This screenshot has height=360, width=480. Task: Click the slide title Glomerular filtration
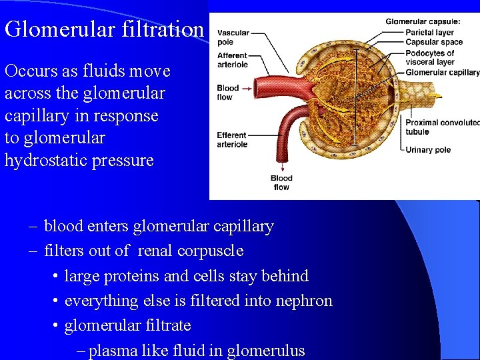[x=103, y=29]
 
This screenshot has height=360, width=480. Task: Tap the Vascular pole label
[x=233, y=37]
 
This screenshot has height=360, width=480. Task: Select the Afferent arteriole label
[x=232, y=60]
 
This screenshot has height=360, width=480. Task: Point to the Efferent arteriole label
[x=232, y=139]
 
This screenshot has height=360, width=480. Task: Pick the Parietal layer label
[x=429, y=32]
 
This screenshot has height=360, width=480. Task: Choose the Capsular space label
[x=433, y=42]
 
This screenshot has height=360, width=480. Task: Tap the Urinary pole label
[x=428, y=149]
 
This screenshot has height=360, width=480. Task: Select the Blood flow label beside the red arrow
[x=228, y=92]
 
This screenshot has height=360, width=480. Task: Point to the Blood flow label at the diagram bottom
[x=281, y=183]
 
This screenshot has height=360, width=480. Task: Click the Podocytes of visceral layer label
[x=429, y=57]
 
